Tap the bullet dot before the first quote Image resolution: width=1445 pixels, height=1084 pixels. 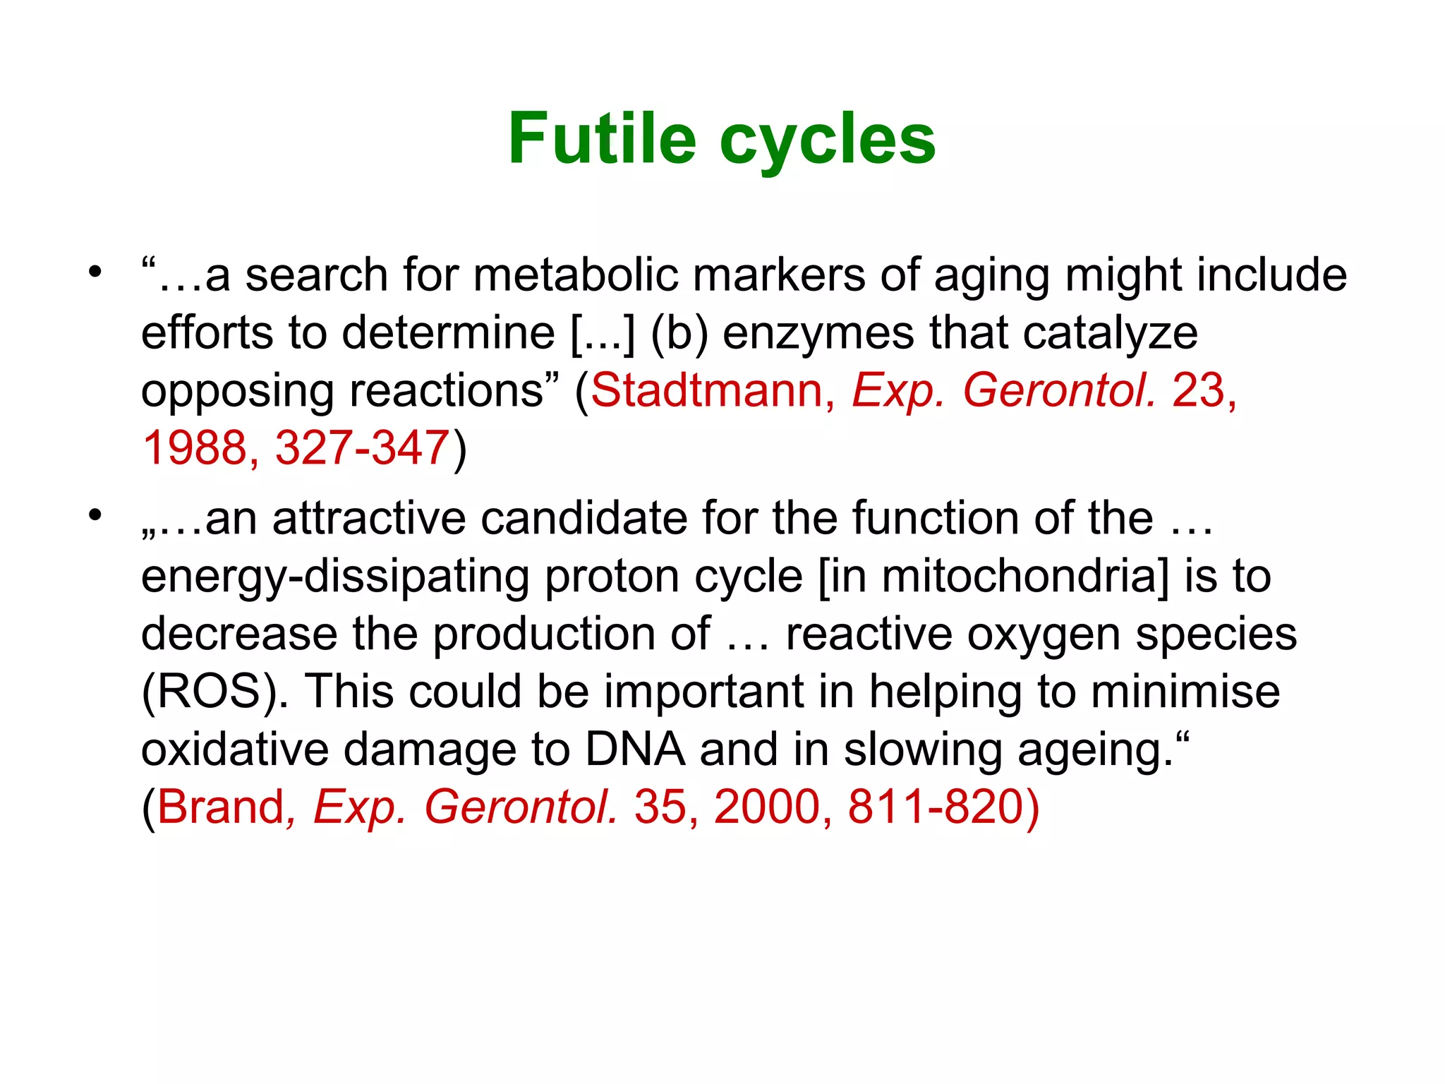[x=95, y=272]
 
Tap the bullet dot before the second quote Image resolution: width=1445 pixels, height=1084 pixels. [x=95, y=515]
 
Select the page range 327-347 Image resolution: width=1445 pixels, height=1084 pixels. [x=362, y=447]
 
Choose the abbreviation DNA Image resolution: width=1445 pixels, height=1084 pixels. [x=635, y=749]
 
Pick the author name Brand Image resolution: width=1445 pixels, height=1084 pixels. [x=220, y=807]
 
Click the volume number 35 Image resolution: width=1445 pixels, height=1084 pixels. [x=660, y=807]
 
